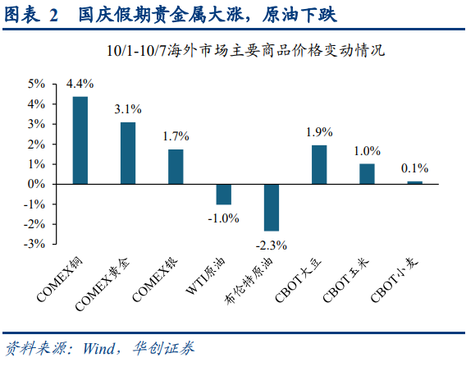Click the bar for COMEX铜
tap(80, 140)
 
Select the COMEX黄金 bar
tap(128, 154)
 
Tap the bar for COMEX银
tap(176, 167)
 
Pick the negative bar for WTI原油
tap(223, 194)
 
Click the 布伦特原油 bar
tap(272, 207)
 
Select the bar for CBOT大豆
tap(319, 165)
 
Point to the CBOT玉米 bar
tap(367, 174)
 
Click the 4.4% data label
tap(80, 84)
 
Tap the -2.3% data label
tap(272, 244)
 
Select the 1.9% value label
tap(319, 132)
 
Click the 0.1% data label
tap(414, 168)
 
